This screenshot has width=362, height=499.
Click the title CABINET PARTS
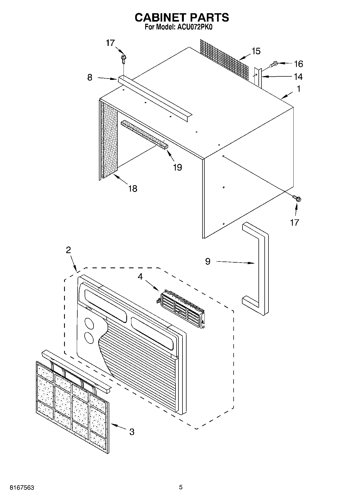pyautogui.click(x=182, y=18)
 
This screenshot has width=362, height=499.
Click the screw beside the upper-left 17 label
pyautogui.click(x=124, y=58)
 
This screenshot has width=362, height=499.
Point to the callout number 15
pyautogui.click(x=256, y=51)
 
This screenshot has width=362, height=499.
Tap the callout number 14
pyautogui.click(x=298, y=77)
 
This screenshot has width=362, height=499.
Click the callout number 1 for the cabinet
pyautogui.click(x=299, y=89)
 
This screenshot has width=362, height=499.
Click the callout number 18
pyautogui.click(x=133, y=188)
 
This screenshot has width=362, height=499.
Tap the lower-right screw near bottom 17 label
pyautogui.click(x=297, y=199)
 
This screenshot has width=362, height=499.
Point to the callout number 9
pyautogui.click(x=208, y=261)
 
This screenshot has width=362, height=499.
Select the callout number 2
pyautogui.click(x=68, y=250)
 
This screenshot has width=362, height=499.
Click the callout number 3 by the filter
pyautogui.click(x=132, y=432)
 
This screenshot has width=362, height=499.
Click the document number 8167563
pyautogui.click(x=22, y=488)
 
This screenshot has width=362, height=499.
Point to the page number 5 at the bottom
pyautogui.click(x=181, y=487)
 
